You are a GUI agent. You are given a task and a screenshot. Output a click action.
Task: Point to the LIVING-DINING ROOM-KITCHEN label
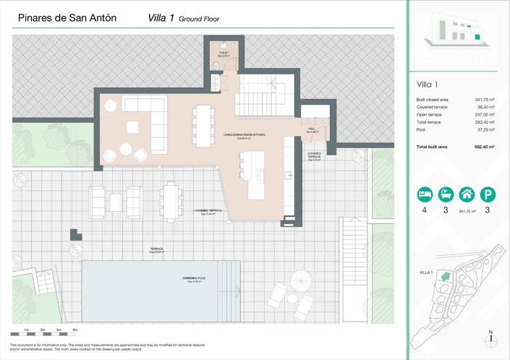point(243,135)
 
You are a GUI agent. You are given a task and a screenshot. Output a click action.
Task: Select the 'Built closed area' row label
point(433,99)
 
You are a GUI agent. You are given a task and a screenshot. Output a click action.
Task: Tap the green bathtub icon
point(446,194)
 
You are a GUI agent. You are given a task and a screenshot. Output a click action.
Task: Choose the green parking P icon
point(489,194)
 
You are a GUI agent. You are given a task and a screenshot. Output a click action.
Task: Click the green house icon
point(467,194)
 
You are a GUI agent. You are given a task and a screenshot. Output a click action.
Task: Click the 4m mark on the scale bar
point(75,330)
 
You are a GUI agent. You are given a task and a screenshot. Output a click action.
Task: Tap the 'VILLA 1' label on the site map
point(426,273)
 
